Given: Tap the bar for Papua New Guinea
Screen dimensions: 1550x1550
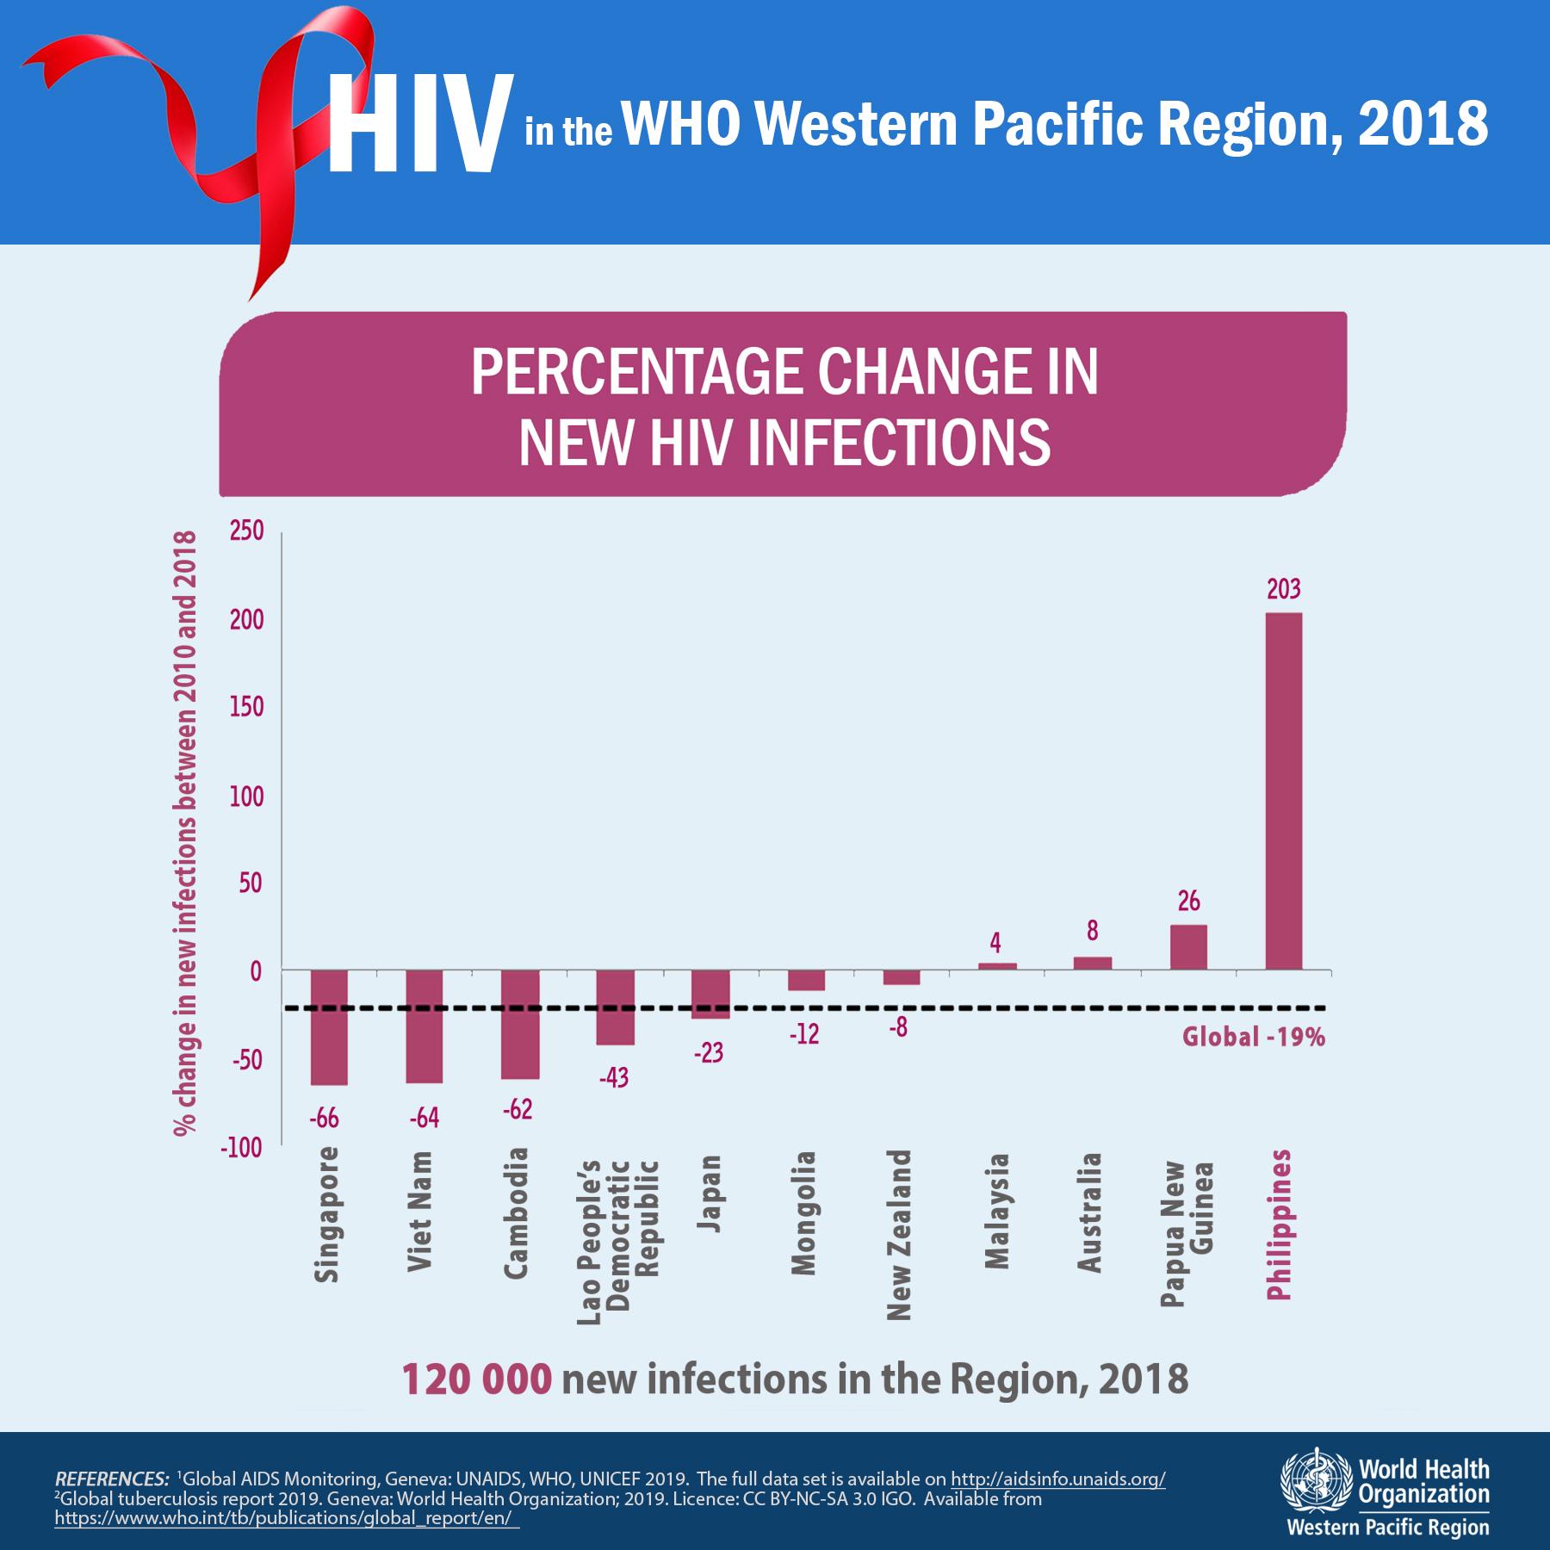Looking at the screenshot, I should tap(1188, 947).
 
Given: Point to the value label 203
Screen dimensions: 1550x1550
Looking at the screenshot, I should tap(1283, 590).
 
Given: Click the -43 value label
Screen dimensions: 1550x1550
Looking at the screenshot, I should tap(613, 1077).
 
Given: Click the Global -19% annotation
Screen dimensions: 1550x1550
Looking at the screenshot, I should tap(1253, 1037).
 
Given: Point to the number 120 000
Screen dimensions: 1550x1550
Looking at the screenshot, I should tap(476, 1379).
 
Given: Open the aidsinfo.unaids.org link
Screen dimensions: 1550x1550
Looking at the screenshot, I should tap(1057, 1479).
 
